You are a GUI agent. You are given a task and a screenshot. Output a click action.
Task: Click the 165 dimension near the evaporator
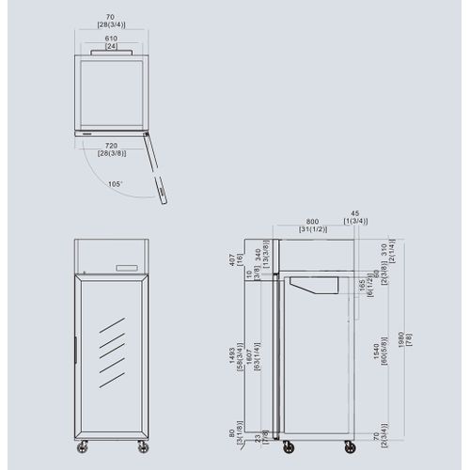click(362, 286)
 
